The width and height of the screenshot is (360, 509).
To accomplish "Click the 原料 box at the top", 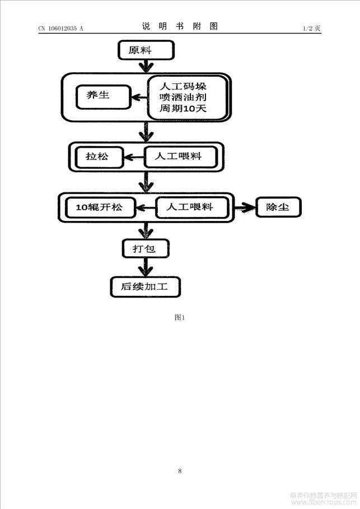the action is pyautogui.click(x=146, y=50).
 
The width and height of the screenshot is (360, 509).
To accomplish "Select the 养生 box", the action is pyautogui.click(x=104, y=97).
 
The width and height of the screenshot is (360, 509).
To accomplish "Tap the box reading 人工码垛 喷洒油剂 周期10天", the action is pyautogui.click(x=188, y=97).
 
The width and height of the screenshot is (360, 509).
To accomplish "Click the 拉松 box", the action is pyautogui.click(x=100, y=157).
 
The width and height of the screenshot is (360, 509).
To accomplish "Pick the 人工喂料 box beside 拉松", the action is pyautogui.click(x=181, y=157).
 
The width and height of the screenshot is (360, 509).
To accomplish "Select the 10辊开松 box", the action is pyautogui.click(x=101, y=208).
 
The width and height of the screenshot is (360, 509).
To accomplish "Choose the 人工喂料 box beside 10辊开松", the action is pyautogui.click(x=192, y=208).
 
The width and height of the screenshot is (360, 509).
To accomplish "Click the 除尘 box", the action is pyautogui.click(x=278, y=207).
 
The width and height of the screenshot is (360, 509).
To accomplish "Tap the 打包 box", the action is pyautogui.click(x=146, y=249).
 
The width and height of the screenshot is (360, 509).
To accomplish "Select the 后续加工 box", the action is pyautogui.click(x=145, y=287).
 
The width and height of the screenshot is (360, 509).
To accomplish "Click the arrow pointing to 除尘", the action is pyautogui.click(x=245, y=208).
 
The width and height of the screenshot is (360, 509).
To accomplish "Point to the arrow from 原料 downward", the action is pyautogui.click(x=146, y=67).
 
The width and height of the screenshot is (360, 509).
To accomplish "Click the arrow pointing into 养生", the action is pyautogui.click(x=139, y=97).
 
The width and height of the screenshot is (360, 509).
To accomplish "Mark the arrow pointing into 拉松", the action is pyautogui.click(x=134, y=157).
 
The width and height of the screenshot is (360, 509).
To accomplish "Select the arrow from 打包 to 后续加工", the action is pyautogui.click(x=146, y=267).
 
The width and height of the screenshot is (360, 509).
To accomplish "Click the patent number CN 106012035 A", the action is pyautogui.click(x=61, y=29).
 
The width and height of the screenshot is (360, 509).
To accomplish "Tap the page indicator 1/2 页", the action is pyautogui.click(x=312, y=28).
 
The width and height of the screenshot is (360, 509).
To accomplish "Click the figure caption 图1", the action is pyautogui.click(x=180, y=318).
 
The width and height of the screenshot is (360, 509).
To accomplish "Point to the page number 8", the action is pyautogui.click(x=180, y=471).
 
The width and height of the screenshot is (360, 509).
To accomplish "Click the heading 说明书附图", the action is pyautogui.click(x=180, y=26).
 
